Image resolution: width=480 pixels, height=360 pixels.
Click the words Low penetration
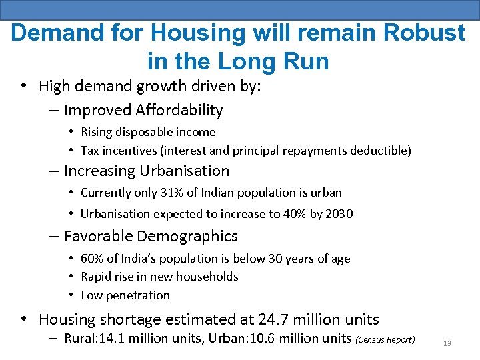click(125, 295)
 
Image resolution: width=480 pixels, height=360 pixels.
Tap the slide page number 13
click(447, 343)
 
